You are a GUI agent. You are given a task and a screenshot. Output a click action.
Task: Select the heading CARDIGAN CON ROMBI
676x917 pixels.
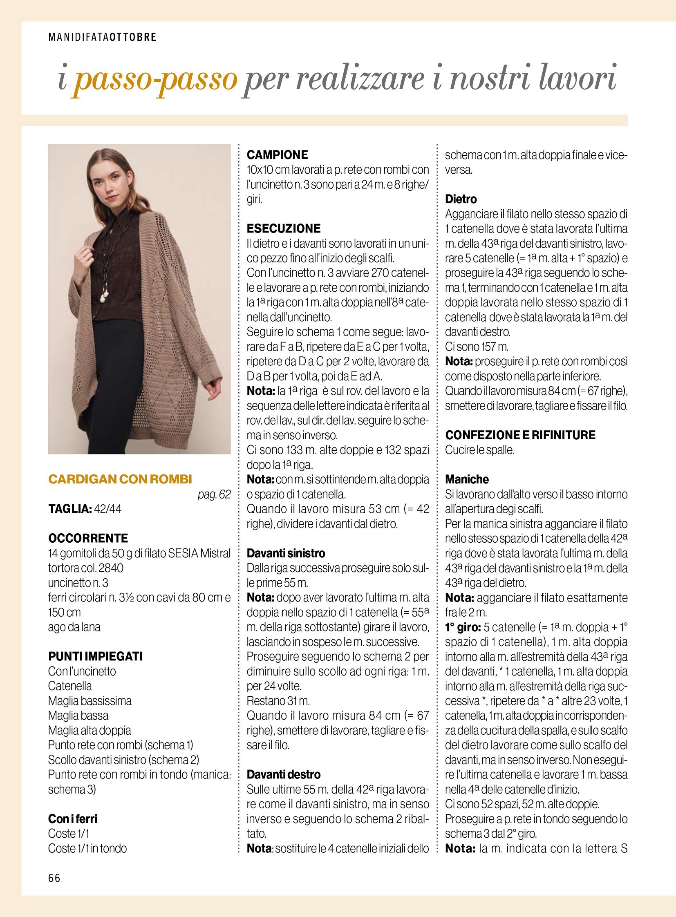tap(120, 479)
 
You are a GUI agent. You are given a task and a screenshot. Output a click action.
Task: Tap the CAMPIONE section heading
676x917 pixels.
tap(277, 155)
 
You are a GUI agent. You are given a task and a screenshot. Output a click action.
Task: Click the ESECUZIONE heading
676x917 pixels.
tap(284, 228)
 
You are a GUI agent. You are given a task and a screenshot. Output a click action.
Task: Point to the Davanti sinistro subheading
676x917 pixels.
tap(286, 553)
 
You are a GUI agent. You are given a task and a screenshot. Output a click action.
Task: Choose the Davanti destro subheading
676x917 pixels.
tap(284, 774)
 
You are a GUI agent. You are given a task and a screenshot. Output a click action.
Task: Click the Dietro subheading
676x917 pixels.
tap(461, 199)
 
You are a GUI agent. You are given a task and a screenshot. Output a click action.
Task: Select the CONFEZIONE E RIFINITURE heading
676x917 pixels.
tap(520, 435)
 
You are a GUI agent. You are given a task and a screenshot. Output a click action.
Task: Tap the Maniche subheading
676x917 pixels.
tap(467, 479)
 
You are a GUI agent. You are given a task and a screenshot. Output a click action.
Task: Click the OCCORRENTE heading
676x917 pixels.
tap(88, 538)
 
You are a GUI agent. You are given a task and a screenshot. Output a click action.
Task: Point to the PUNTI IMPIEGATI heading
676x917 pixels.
tap(95, 656)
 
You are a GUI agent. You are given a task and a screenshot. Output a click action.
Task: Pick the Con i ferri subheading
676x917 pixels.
tap(72, 819)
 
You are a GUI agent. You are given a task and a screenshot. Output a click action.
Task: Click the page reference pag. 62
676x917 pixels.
tap(214, 494)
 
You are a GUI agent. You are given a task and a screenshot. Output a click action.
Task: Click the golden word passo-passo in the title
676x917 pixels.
tap(155, 78)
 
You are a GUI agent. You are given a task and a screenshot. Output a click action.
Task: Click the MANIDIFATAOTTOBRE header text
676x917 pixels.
tap(102, 37)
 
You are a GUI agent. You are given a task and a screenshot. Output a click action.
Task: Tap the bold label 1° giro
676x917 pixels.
tap(462, 627)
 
